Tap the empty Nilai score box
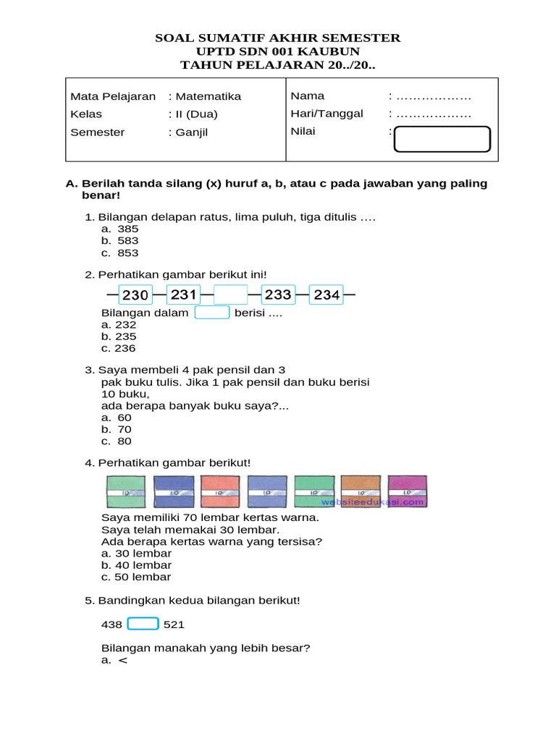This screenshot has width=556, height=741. click(442, 139)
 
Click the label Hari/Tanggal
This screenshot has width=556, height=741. click(327, 114)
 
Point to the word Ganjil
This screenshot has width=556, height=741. click(191, 132)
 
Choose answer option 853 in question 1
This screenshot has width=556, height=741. click(127, 253)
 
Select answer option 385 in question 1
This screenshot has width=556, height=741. click(127, 229)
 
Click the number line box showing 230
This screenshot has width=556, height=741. click(135, 295)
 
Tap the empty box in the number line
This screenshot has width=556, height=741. click(231, 295)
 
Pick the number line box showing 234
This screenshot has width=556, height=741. click(327, 295)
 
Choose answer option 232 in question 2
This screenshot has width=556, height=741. click(125, 325)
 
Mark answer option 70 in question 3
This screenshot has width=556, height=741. click(125, 429)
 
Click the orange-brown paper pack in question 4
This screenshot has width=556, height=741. click(361, 492)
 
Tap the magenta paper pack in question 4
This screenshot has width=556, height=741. click(407, 492)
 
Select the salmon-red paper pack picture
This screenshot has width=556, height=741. click(220, 492)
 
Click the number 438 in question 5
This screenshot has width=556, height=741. click(111, 624)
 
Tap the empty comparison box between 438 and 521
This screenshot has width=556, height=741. click(143, 624)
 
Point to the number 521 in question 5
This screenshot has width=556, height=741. click(174, 624)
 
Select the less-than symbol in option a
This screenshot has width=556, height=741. click(122, 660)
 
